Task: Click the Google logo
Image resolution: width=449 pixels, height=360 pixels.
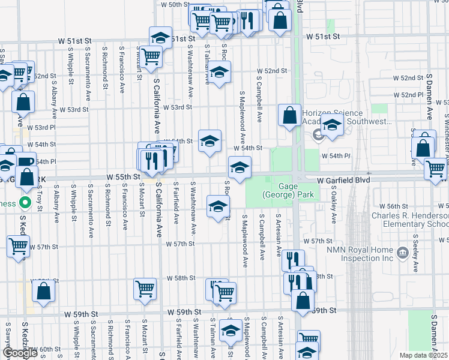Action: [20, 353]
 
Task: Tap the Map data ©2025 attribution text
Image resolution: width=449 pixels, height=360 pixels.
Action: [424, 355]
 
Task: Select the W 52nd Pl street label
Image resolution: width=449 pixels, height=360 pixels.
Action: [408, 95]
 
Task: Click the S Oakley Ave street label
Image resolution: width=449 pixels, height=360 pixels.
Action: [334, 208]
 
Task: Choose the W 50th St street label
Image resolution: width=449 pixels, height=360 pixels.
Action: [175, 4]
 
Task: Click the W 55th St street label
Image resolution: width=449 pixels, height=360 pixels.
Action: [124, 177]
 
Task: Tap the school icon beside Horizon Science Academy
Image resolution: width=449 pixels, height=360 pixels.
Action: [331, 125]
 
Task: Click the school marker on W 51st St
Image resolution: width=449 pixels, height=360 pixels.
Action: [160, 38]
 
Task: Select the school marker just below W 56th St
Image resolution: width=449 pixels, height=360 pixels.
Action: [218, 207]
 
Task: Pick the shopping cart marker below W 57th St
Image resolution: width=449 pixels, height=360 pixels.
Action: [18, 245]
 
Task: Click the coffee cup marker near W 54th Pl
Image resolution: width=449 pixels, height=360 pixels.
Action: [25, 162]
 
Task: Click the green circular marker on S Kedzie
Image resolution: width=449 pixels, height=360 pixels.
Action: [25, 203]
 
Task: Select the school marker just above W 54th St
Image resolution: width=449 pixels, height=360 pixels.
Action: [209, 141]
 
